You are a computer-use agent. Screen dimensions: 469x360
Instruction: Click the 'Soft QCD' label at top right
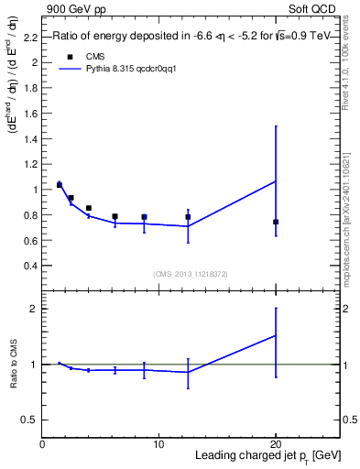tap(313, 8)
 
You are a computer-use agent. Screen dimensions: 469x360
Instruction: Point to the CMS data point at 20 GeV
tap(276, 222)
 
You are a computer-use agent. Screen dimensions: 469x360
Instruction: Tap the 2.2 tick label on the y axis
tap(30, 38)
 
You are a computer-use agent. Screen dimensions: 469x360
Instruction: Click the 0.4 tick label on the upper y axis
tap(30, 266)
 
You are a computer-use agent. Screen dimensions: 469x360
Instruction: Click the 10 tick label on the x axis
tap(158, 445)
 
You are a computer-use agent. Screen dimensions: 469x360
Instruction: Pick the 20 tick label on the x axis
tap(276, 445)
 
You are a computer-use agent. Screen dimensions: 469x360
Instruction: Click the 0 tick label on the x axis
tap(42, 445)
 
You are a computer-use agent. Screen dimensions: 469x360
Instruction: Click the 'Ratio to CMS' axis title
tap(14, 364)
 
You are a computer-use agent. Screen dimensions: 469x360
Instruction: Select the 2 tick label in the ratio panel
tap(34, 309)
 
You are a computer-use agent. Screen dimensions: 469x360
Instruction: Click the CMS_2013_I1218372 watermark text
tap(191, 274)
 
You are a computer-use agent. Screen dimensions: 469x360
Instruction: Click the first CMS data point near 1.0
tap(60, 185)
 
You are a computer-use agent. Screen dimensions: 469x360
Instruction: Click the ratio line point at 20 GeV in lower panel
tap(276, 335)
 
